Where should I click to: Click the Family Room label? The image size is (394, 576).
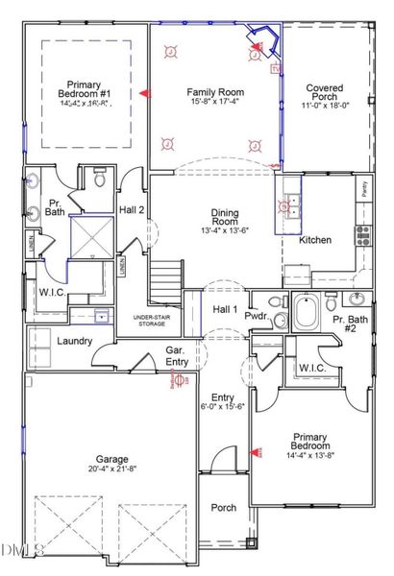click(214, 85)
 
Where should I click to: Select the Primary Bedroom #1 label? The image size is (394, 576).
click(84, 84)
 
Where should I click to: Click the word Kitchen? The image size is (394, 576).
click(315, 240)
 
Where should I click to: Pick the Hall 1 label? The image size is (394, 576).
click(225, 309)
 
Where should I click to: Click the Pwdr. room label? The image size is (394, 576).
click(257, 315)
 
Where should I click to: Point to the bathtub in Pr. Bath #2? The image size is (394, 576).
click(308, 313)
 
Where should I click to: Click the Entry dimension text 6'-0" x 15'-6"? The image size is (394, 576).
click(223, 407)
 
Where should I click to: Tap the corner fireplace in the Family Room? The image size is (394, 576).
click(259, 43)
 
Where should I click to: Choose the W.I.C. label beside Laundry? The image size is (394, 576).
click(51, 292)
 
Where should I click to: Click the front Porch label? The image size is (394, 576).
click(224, 508)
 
